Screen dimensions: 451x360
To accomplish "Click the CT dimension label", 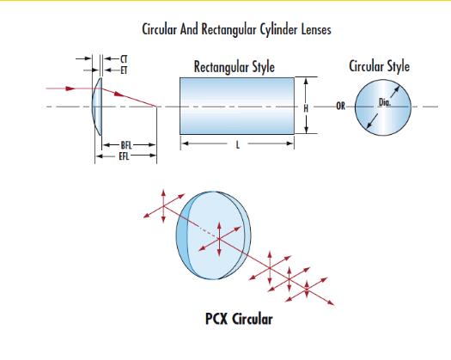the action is point(124,59).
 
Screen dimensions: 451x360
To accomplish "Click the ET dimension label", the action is point(124,70).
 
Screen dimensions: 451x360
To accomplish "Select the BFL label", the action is point(126,145).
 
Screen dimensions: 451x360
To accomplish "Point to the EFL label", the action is point(124,156).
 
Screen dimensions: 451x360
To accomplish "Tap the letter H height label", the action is point(306,108).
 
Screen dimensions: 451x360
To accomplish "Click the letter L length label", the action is point(238,144).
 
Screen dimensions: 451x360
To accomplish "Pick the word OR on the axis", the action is point(340,107).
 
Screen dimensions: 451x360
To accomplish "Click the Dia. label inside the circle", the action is point(385,102).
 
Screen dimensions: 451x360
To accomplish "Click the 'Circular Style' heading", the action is point(379,66).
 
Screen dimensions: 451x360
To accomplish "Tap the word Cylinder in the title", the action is point(278,29).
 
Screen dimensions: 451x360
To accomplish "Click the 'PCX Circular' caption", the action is point(239,319).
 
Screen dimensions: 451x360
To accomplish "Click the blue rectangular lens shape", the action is point(237,106).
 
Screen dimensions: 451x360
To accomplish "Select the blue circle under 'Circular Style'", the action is point(383,107).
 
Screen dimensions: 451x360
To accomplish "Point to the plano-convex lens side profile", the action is point(97,107).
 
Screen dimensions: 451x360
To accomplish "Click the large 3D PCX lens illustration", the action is point(213,235).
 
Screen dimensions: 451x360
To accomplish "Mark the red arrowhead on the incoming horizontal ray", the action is point(70,88).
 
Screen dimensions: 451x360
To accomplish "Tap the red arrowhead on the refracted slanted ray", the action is point(119,94).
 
